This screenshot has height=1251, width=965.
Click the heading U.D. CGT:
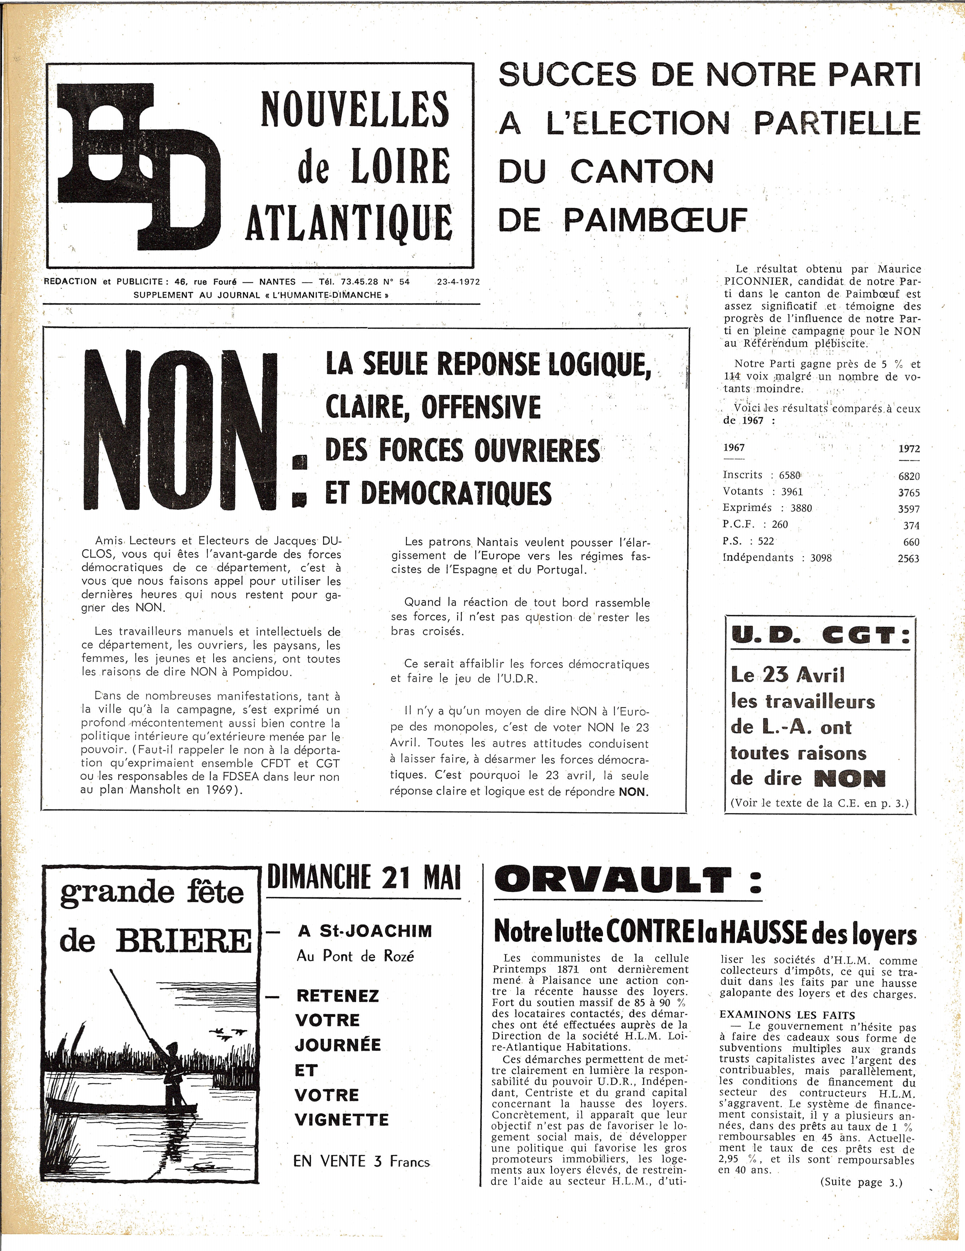[x=820, y=636]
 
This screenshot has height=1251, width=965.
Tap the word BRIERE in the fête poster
[x=183, y=941]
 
